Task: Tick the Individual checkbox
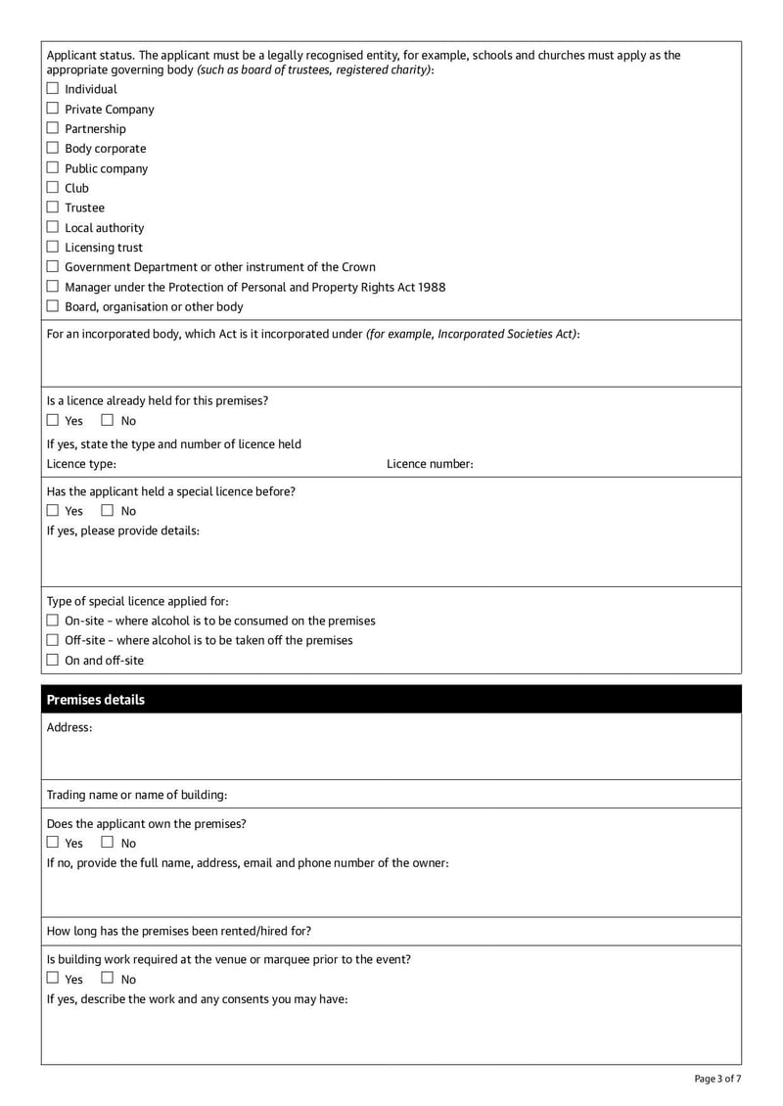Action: tap(53, 89)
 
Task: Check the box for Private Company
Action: tap(53, 109)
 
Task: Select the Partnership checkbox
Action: tap(53, 128)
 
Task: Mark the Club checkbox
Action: tap(53, 188)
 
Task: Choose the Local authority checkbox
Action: tap(53, 227)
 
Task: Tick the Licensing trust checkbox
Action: tap(53, 247)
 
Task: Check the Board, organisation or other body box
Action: tap(53, 306)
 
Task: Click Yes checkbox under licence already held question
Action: tap(53, 421)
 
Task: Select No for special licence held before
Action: tap(109, 511)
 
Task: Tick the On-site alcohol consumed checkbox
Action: tap(53, 621)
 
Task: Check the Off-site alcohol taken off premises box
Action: tap(53, 640)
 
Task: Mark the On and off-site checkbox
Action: tap(53, 660)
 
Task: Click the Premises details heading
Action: tap(96, 700)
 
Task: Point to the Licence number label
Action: tap(430, 464)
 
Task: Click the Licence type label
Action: tap(81, 464)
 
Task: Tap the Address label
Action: tap(69, 728)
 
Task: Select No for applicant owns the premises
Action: tap(109, 843)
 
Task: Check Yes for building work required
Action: tap(53, 979)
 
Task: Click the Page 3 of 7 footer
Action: tap(717, 1079)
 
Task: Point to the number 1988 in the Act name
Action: tap(431, 287)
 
